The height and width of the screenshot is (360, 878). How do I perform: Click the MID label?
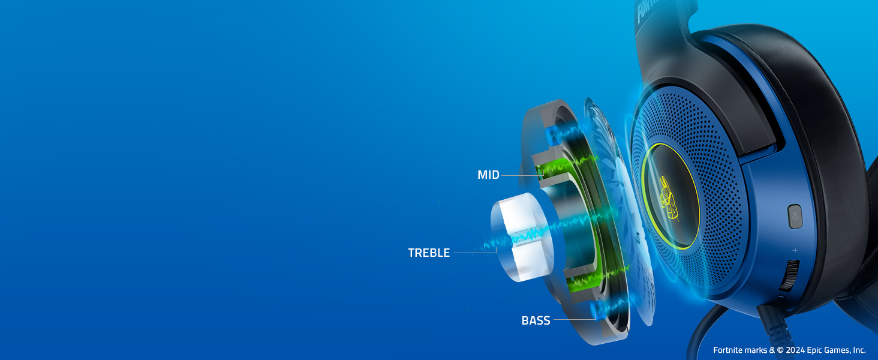[x=488, y=175]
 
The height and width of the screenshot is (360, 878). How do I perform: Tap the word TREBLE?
[x=429, y=253]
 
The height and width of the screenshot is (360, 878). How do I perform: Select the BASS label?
[x=536, y=321]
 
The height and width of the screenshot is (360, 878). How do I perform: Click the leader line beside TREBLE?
[x=475, y=253]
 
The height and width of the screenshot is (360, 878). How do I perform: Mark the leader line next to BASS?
[x=575, y=320]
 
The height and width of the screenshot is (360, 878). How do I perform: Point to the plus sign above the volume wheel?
[x=795, y=250]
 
